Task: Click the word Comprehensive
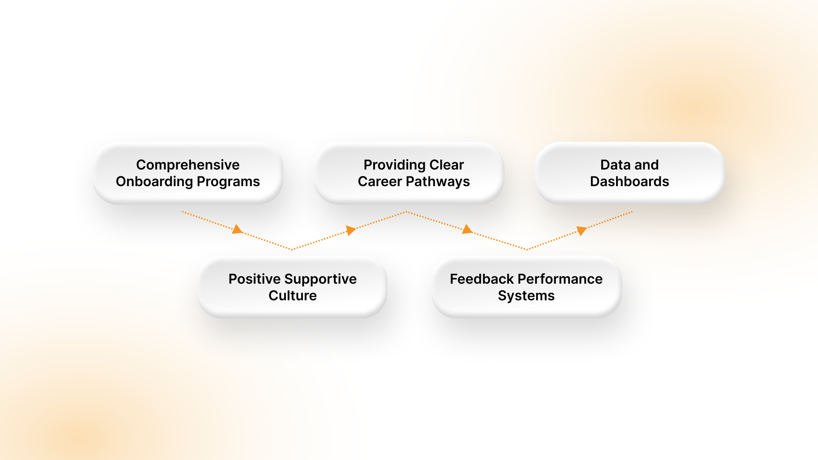click(187, 165)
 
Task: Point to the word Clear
click(446, 165)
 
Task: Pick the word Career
click(380, 182)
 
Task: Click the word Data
click(614, 165)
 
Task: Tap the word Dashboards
click(629, 182)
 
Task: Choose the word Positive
click(254, 279)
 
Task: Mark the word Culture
click(292, 296)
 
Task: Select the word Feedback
click(481, 279)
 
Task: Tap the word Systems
click(526, 296)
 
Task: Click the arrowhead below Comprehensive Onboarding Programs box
click(237, 230)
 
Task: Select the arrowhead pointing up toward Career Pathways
click(351, 230)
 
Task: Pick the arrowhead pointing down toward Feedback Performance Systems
click(467, 229)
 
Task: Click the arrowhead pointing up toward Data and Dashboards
click(582, 231)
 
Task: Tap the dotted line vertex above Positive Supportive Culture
click(292, 249)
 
